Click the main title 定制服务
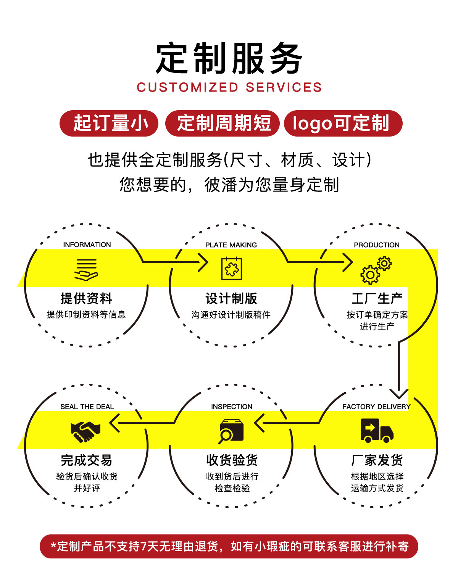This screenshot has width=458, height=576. pos(229,58)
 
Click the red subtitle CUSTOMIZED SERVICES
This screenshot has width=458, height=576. pos(229,87)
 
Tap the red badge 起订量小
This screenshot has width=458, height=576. pos(109,123)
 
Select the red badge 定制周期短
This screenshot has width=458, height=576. pos(222,123)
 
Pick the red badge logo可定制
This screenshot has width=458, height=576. pos(343,123)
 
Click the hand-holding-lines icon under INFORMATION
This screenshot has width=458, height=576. pos(86,270)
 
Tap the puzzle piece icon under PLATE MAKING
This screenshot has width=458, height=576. pos(231,269)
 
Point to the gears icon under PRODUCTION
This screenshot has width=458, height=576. pos(376,270)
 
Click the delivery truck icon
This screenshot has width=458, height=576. pos(377,430)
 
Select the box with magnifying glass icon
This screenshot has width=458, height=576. pos(231,431)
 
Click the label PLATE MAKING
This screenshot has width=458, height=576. pos(231,245)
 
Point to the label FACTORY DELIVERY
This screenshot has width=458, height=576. pos(376,407)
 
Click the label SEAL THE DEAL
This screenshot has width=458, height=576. pos(87,407)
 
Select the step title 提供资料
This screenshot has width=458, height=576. pos(86,298)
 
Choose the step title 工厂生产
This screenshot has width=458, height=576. pos(377,298)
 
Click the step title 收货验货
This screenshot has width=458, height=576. pos(232,460)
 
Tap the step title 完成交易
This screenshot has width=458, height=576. pos(86,460)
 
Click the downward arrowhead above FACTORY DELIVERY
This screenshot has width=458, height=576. pos(399,394)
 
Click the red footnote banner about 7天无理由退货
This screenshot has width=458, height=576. pos(229,546)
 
